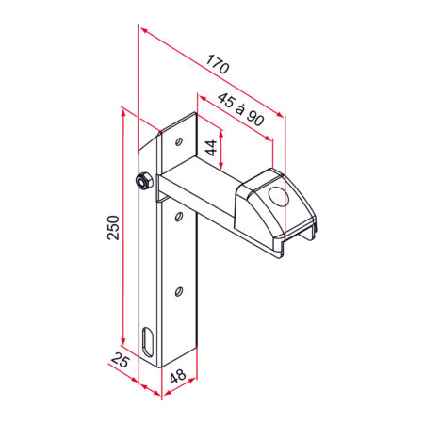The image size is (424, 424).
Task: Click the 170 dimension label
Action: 217,67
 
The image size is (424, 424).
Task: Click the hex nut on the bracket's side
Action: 144,181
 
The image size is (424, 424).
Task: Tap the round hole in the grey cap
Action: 278,198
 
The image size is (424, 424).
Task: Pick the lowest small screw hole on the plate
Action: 177,292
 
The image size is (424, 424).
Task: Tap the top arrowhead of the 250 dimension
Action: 122,111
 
